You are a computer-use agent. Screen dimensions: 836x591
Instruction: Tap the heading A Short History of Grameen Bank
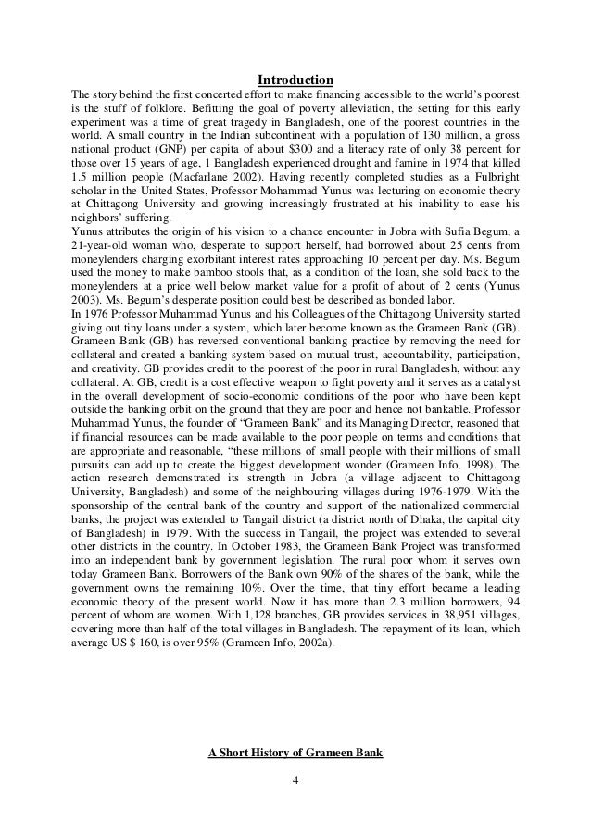pyautogui.click(x=295, y=750)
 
